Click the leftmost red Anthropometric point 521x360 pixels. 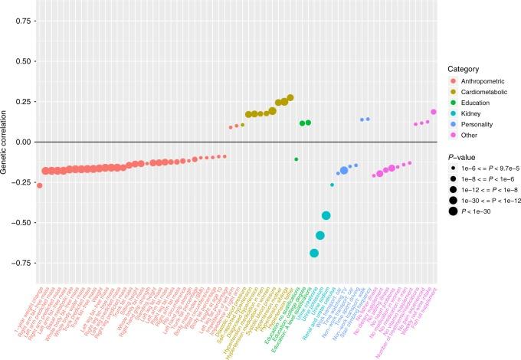pos(39,185)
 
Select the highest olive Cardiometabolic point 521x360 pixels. pos(290,98)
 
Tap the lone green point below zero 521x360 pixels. pos(297,159)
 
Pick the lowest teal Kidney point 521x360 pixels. pos(314,254)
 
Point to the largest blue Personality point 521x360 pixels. pos(344,171)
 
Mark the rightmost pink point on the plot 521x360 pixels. pos(434,112)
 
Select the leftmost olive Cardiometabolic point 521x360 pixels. pos(231,127)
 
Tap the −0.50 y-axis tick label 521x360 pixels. pos(16,223)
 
